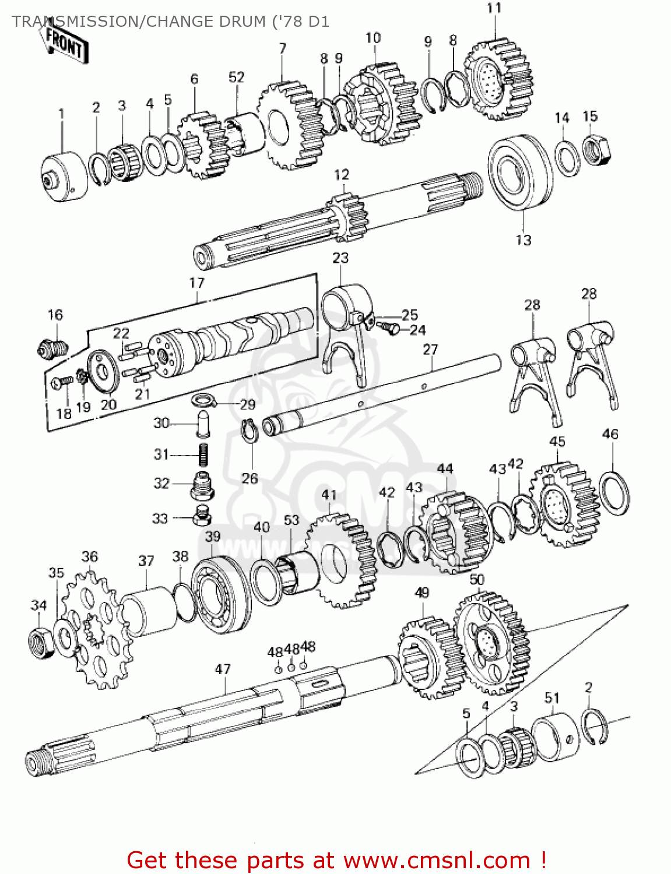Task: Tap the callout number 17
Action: point(197,283)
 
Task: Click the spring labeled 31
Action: point(203,454)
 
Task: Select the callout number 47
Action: point(223,669)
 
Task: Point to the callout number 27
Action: point(430,349)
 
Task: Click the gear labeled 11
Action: point(498,79)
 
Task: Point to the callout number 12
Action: point(342,175)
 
